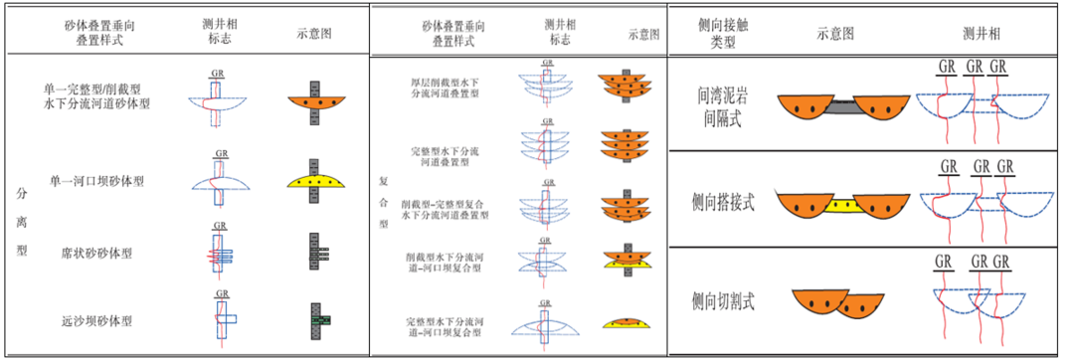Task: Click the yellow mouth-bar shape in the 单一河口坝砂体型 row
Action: pyautogui.click(x=313, y=182)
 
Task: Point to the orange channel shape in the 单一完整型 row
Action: pyautogui.click(x=313, y=101)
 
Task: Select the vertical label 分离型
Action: pyautogui.click(x=22, y=220)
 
